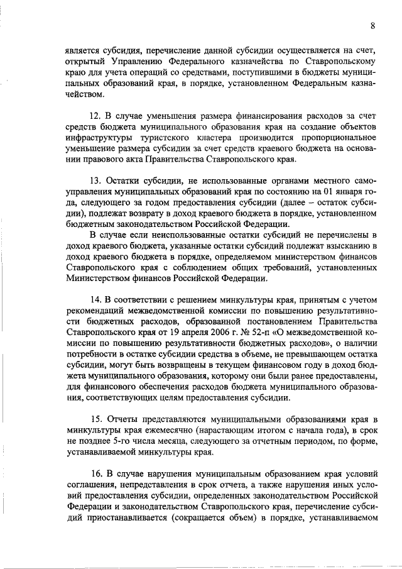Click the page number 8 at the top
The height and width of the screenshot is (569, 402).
373,26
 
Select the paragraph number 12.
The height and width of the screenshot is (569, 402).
97,116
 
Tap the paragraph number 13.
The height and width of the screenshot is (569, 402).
97,182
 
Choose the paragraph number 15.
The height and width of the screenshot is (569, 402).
97,419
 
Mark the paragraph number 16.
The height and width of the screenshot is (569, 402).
97,473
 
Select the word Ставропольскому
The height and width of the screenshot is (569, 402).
342,62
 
